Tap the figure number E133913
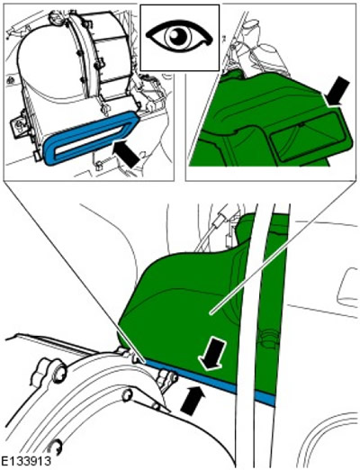point(25,460)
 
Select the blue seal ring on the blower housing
point(91,138)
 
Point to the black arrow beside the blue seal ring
point(126,154)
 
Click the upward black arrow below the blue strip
point(193,401)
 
